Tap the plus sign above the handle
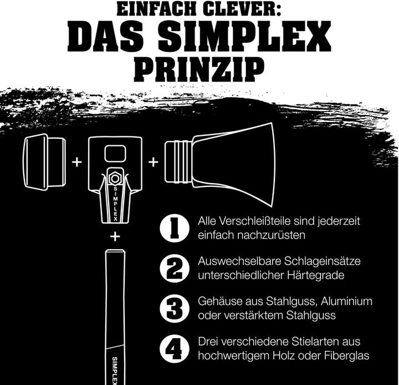pos(115,236)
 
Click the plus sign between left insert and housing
pos(76,163)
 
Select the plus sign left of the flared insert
pos(153,163)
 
